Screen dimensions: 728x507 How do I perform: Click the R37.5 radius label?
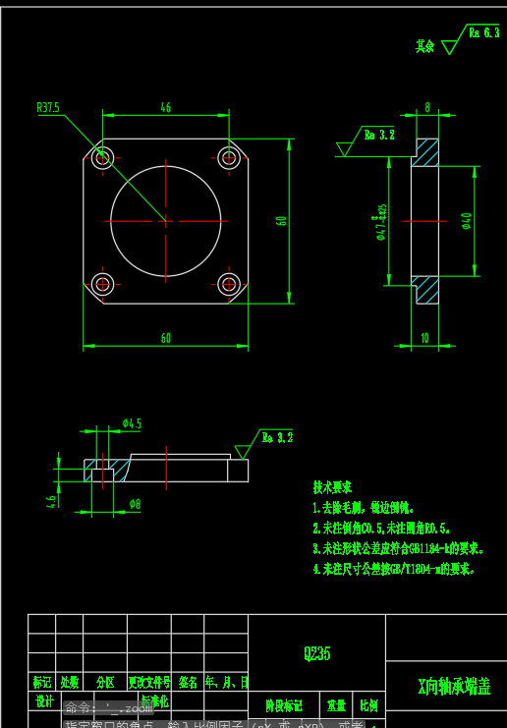(x=47, y=107)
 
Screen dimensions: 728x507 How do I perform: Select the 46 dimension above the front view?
(x=165, y=108)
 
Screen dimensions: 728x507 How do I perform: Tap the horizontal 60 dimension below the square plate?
(x=165, y=338)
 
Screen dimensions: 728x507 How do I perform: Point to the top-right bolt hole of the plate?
(x=229, y=157)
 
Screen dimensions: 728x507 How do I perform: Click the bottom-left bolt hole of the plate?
(x=103, y=284)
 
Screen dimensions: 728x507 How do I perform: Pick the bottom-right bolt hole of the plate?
(x=229, y=284)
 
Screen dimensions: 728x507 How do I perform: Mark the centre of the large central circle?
(x=166, y=220)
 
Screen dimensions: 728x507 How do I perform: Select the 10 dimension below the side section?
(x=424, y=338)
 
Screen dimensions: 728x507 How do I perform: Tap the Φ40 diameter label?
(x=466, y=221)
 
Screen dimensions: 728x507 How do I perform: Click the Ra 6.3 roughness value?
(x=483, y=32)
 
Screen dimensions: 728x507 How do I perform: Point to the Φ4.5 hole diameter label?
(x=132, y=423)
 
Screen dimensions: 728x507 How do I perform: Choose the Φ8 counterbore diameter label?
(x=135, y=504)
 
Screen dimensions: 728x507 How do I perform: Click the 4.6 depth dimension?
(x=51, y=500)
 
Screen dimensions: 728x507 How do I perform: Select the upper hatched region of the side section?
(x=426, y=152)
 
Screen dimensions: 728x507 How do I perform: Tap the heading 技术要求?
(x=332, y=487)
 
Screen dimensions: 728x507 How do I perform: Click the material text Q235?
(x=316, y=653)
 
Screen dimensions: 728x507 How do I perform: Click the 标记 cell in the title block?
(x=41, y=682)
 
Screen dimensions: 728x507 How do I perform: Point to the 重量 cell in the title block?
(x=337, y=705)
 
